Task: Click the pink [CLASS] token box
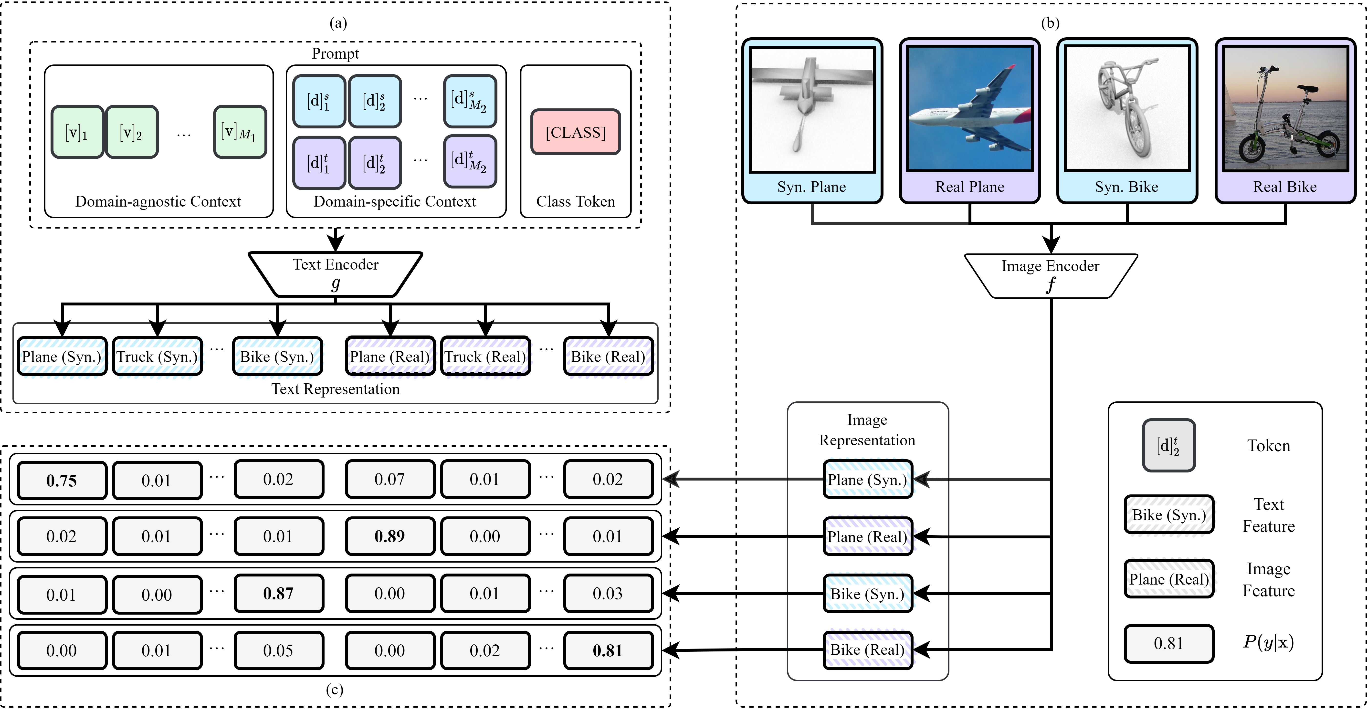tap(575, 132)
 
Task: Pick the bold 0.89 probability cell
tap(389, 536)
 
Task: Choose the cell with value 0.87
tap(278, 593)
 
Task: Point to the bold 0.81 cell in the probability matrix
tap(608, 650)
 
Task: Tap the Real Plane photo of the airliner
tap(969, 109)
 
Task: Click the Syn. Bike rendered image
tap(1127, 109)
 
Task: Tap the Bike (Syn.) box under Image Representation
tap(867, 594)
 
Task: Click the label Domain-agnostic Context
tap(158, 202)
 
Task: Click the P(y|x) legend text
tap(1268, 642)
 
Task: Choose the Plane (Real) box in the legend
tap(1168, 579)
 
